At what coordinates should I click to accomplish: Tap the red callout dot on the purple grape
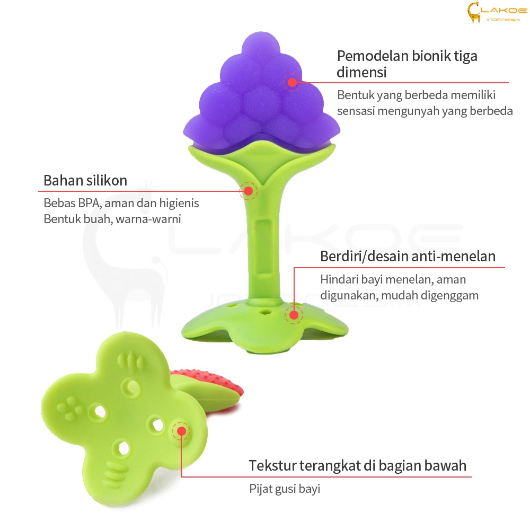point(292,82)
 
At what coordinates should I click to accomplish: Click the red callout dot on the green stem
point(249,191)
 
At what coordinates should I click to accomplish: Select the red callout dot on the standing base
point(294,315)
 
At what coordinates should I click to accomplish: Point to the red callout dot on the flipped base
point(181,431)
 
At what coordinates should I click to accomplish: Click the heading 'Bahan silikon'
point(85,181)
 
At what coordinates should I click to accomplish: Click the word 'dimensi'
point(361,72)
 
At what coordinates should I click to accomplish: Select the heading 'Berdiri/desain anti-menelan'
point(408,256)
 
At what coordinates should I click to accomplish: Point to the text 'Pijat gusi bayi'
point(285,489)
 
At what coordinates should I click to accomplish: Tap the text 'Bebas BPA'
point(72,203)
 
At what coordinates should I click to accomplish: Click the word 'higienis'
point(179,203)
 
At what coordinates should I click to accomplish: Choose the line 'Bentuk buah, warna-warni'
point(112,219)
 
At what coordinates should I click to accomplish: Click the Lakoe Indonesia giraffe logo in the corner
point(497,12)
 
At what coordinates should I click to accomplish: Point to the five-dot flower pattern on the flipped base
point(69,408)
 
